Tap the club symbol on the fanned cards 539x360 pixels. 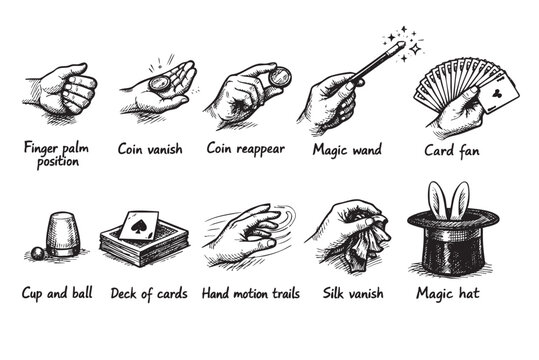tap(497, 97)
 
